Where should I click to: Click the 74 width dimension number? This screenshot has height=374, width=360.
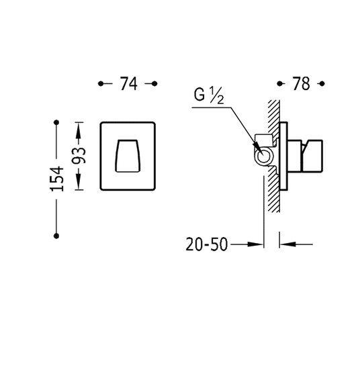[x=129, y=84]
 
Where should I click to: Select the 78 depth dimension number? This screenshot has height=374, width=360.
[x=302, y=84]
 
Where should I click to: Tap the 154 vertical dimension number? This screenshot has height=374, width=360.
[x=57, y=179]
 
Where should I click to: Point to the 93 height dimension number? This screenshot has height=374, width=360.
[x=79, y=156]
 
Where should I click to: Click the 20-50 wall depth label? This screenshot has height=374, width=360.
[x=207, y=244]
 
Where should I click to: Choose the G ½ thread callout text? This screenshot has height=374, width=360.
[x=209, y=95]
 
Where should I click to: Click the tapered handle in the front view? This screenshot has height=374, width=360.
[x=128, y=156]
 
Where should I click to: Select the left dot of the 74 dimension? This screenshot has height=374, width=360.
[x=101, y=84]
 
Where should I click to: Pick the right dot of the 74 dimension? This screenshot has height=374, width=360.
[x=154, y=84]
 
